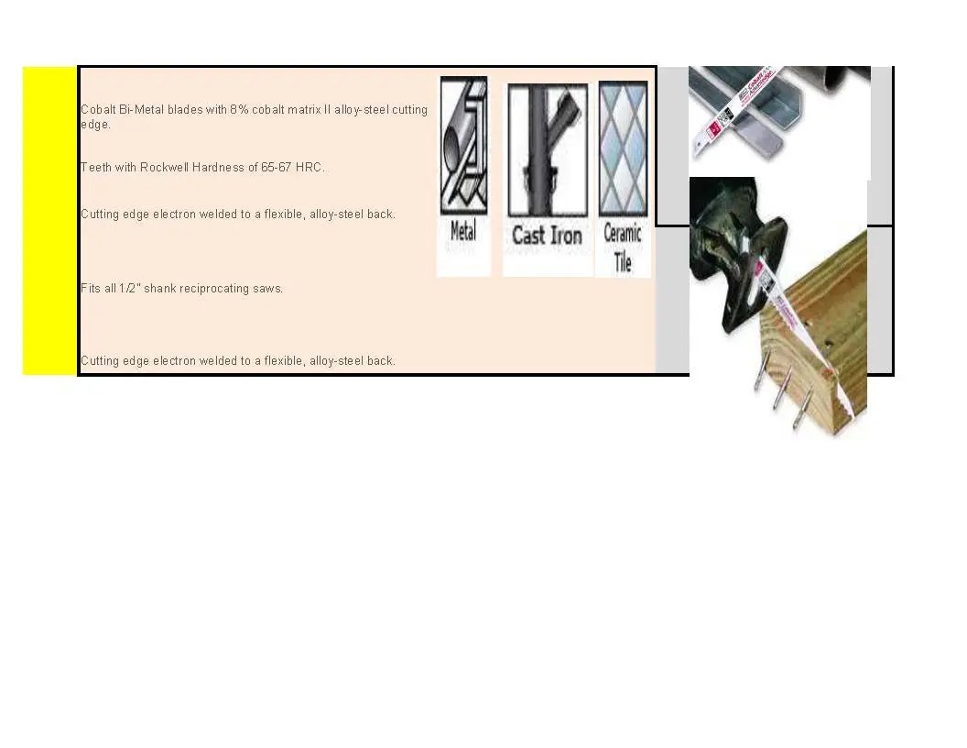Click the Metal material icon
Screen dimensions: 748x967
click(463, 146)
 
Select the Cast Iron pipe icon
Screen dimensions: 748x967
click(547, 151)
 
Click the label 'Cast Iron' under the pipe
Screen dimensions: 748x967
click(547, 236)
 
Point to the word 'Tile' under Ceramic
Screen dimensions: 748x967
click(623, 264)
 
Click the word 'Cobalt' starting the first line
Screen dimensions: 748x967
click(98, 110)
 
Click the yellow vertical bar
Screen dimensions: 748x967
click(49, 220)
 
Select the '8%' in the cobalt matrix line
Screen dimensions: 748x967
click(239, 110)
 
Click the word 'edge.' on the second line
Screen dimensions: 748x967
click(95, 125)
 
